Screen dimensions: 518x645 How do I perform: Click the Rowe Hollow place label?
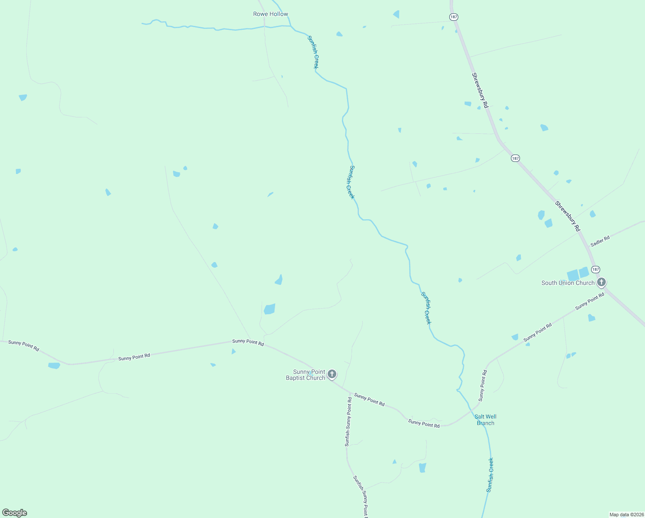(x=270, y=14)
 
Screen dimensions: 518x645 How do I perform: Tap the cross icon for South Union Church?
(x=601, y=282)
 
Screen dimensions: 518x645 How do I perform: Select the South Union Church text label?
(x=568, y=283)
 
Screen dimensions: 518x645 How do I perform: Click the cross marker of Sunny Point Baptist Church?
(x=332, y=374)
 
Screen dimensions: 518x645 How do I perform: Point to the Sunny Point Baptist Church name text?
(x=306, y=375)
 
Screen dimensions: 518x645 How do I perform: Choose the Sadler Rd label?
(x=600, y=241)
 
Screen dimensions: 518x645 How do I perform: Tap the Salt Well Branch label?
(x=485, y=420)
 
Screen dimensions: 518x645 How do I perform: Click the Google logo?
(x=15, y=513)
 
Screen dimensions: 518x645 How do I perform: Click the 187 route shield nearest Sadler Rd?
(x=595, y=269)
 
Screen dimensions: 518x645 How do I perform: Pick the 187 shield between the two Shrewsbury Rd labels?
(x=515, y=158)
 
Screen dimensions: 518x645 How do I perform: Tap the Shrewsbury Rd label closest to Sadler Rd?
(x=567, y=216)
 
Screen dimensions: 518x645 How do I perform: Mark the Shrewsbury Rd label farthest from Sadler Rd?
(x=480, y=90)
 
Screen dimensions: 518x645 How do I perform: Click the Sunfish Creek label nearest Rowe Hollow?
(x=313, y=52)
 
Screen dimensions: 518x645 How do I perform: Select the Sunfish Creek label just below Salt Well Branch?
(x=490, y=475)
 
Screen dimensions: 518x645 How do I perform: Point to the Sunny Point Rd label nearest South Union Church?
(x=590, y=301)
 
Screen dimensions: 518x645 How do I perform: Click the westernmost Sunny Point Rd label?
(x=24, y=345)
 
